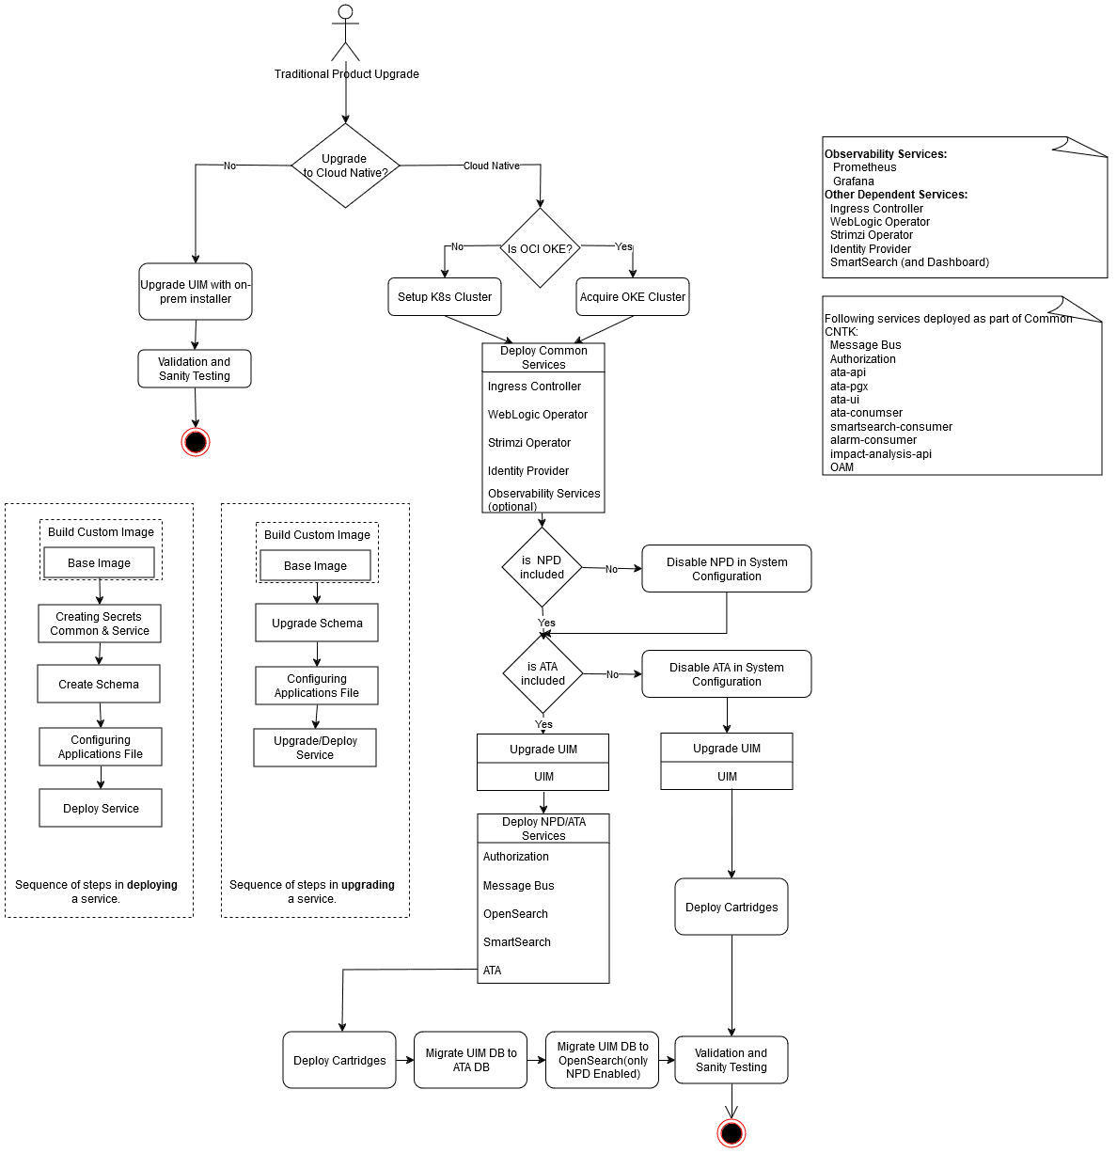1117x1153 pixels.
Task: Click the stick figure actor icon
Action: pos(345,33)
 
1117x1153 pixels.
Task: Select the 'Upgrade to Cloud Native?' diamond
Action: pos(345,166)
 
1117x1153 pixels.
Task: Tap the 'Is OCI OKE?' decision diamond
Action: pos(540,247)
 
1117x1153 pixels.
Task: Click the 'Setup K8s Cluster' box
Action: pos(445,297)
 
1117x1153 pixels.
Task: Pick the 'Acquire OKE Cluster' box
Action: pos(633,297)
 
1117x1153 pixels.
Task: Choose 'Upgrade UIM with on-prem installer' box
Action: pos(196,292)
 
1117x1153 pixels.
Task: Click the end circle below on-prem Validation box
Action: pos(196,442)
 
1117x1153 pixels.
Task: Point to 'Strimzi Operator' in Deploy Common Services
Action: pos(529,443)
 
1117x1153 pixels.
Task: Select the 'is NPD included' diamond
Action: pos(542,567)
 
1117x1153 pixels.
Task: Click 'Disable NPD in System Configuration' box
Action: pos(727,569)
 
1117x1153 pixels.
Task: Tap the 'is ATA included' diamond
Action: pos(543,673)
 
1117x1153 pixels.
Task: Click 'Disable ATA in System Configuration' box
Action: pos(727,674)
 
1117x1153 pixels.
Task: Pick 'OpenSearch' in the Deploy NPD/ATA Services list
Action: pos(515,913)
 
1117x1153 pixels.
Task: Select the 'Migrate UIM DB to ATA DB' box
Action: pos(471,1060)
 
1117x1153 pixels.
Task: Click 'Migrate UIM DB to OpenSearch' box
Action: pos(603,1060)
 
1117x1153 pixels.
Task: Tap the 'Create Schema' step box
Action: pos(99,685)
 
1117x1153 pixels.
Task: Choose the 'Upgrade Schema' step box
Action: pos(317,623)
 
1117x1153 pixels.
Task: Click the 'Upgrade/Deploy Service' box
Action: pos(315,748)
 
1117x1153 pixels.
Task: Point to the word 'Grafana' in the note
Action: pos(854,182)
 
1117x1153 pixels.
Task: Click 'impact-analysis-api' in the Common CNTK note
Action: pos(881,454)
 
